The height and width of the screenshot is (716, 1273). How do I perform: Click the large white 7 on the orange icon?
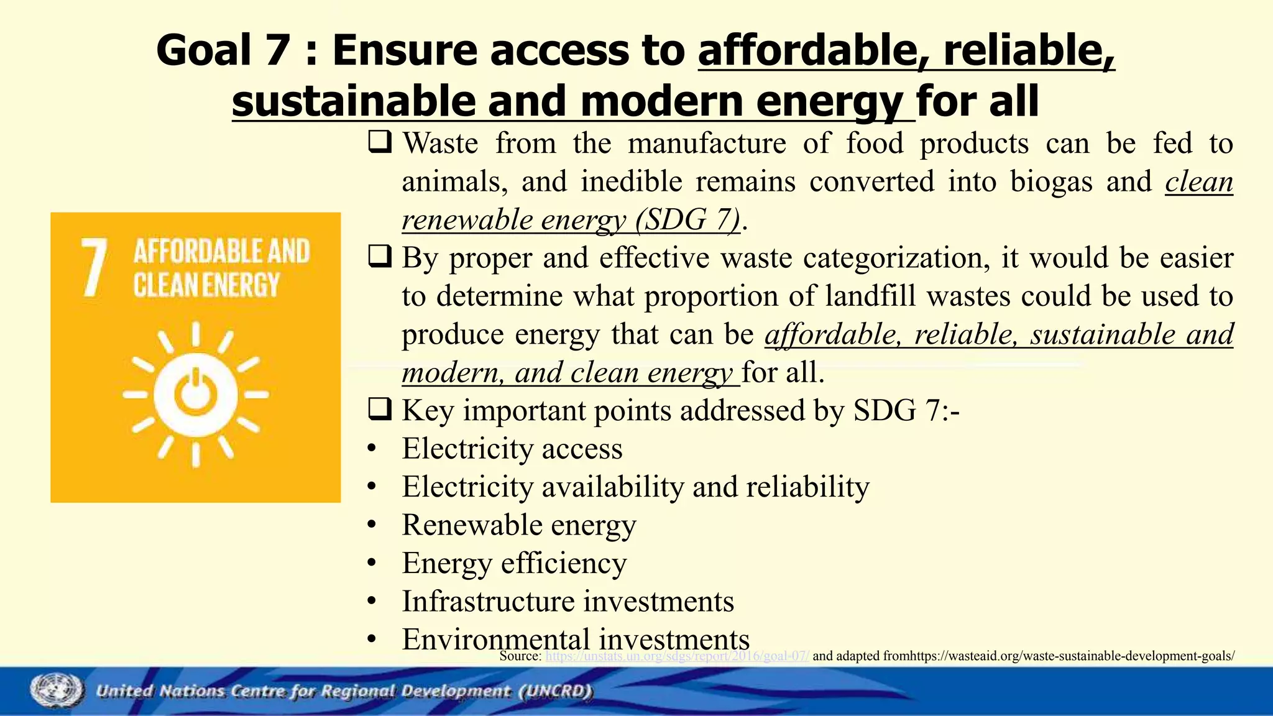click(94, 268)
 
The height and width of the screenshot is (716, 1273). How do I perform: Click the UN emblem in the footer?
click(56, 691)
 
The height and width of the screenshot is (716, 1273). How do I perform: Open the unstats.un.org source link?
click(677, 656)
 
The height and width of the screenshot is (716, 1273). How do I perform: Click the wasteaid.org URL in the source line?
click(1072, 656)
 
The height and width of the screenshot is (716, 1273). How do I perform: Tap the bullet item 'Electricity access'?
click(512, 449)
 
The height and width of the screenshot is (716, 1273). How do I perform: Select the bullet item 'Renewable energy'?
click(518, 525)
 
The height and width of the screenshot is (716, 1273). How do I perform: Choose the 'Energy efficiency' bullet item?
click(514, 564)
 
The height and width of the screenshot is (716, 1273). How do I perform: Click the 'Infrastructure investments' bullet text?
click(568, 602)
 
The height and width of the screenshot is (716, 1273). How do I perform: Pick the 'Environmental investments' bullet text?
click(576, 640)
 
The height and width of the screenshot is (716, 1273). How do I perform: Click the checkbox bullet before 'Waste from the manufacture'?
click(379, 143)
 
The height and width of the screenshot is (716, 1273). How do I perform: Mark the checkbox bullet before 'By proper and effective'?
click(379, 257)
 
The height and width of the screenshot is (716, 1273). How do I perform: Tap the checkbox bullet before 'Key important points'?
click(379, 410)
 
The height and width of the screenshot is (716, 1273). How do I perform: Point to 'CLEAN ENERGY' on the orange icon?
click(206, 286)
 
